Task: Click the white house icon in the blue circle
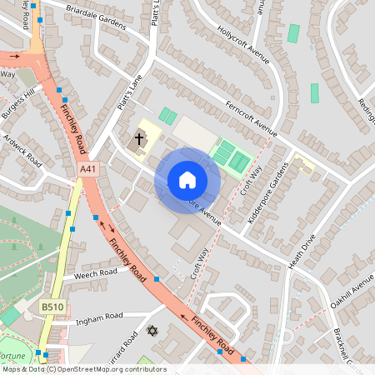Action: tap(187, 180)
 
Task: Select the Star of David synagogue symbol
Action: tap(152, 332)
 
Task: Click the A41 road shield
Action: tap(87, 169)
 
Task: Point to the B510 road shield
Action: tap(50, 307)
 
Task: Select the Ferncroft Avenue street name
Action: tap(251, 117)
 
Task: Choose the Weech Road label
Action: tap(96, 273)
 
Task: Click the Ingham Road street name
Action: tap(97, 316)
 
